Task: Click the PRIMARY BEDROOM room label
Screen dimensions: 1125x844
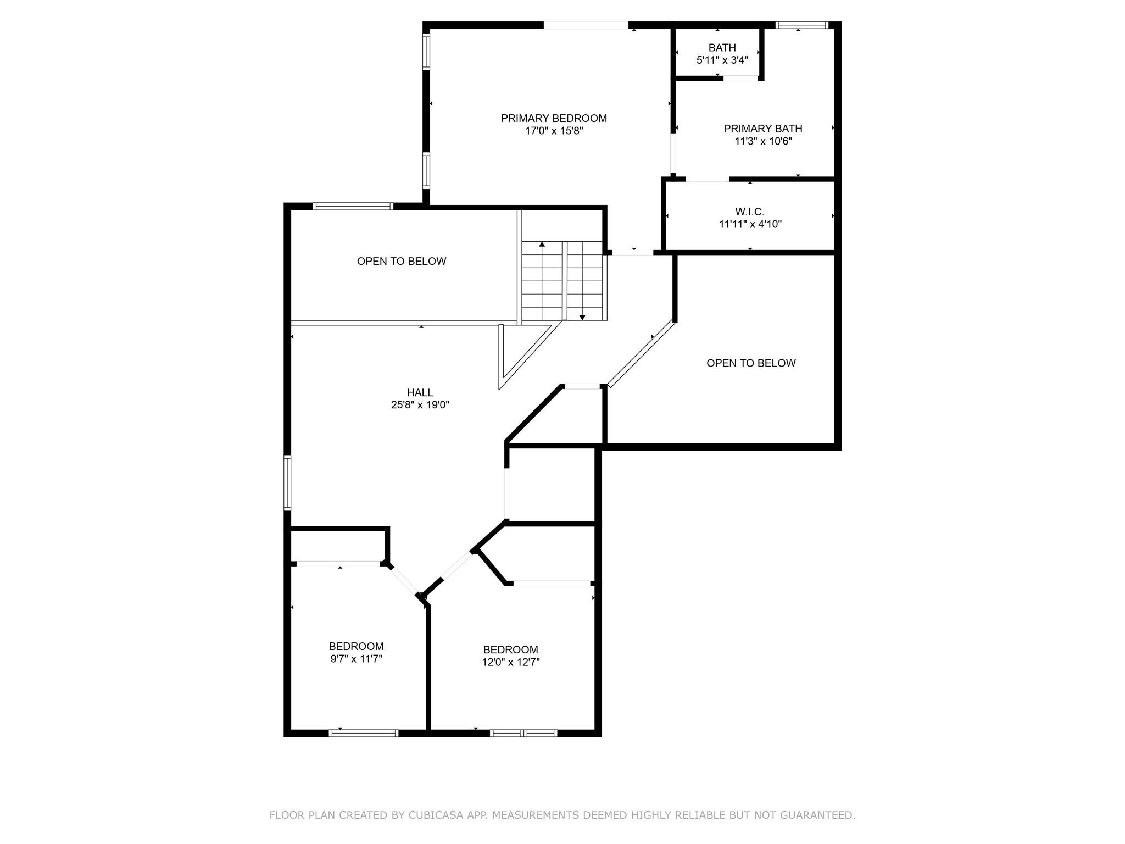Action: (x=554, y=118)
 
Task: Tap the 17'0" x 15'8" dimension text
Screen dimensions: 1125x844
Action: (x=554, y=131)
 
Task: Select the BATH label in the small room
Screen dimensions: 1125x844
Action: (x=722, y=48)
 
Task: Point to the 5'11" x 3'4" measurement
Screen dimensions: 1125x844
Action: (x=722, y=60)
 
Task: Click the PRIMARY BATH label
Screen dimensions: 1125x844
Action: (x=763, y=129)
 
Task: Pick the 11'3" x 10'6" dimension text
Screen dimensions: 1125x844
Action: (x=763, y=141)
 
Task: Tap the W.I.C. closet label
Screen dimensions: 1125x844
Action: (x=750, y=212)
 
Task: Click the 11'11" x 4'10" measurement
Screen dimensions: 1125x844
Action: (x=750, y=224)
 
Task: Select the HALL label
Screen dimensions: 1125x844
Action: (x=420, y=392)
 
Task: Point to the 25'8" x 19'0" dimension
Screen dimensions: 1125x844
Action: (x=420, y=405)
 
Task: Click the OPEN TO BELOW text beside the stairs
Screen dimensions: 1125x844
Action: (x=402, y=261)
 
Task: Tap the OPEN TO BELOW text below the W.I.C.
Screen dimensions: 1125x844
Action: (x=751, y=363)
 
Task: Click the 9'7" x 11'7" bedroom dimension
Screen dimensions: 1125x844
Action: (x=356, y=659)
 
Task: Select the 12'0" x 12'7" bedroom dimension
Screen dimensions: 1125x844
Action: (x=511, y=662)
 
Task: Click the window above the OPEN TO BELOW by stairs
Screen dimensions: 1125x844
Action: (x=353, y=207)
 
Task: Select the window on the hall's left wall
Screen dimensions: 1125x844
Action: (x=287, y=482)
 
